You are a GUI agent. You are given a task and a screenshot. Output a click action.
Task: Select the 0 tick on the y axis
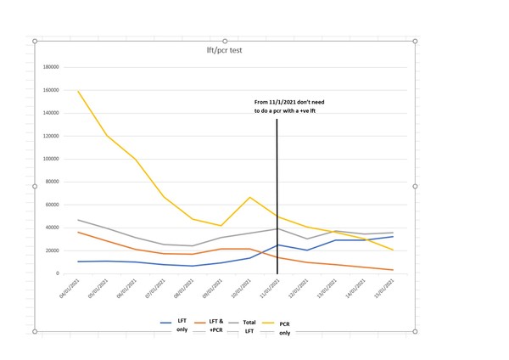pyautogui.click(x=57, y=273)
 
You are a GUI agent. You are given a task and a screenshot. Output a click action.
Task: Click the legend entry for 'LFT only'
pyautogui.click(x=175, y=324)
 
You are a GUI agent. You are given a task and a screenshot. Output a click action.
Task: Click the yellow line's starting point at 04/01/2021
pyautogui.click(x=79, y=91)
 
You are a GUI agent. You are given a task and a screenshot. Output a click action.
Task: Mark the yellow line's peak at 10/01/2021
pyautogui.click(x=249, y=197)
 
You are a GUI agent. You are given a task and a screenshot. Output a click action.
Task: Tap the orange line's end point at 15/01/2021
pyautogui.click(x=391, y=270)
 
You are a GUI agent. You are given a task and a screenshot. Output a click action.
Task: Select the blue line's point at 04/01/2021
pyautogui.click(x=79, y=262)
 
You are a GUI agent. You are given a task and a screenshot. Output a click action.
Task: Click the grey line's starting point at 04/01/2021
pyautogui.click(x=79, y=220)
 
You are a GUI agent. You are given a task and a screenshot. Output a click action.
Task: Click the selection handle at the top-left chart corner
pyautogui.click(x=35, y=41)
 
